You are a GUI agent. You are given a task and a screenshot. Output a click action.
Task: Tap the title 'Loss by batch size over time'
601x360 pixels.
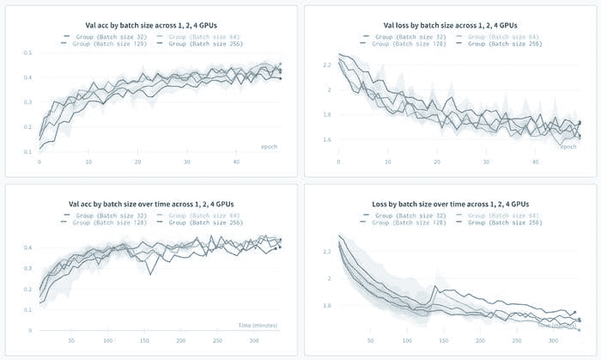point(451,203)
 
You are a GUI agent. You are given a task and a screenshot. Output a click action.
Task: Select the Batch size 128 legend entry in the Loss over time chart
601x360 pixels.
point(401,223)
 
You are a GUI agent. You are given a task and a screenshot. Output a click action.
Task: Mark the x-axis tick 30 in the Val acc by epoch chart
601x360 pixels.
point(187,162)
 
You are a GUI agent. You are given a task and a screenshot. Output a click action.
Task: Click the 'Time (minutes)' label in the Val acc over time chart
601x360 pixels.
point(258,325)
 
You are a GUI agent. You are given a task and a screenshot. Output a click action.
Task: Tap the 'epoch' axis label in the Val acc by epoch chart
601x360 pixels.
point(270,147)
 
